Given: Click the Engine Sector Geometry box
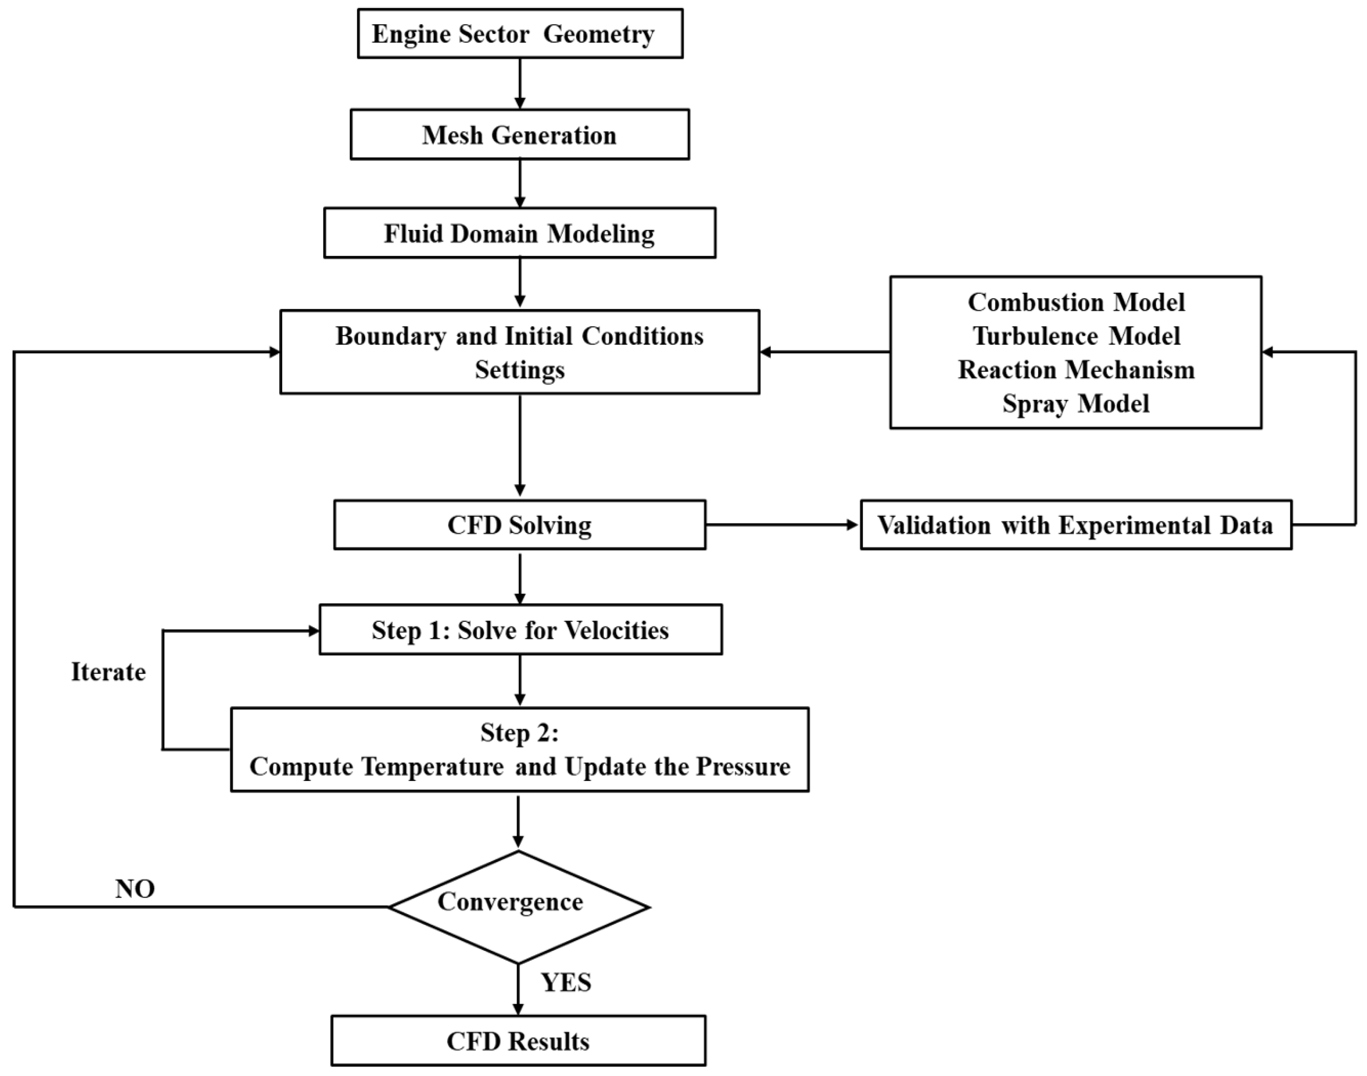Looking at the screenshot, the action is (520, 33).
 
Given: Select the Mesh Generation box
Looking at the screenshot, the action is (520, 134).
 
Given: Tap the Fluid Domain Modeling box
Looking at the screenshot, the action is (520, 233).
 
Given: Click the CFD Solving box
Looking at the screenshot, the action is (520, 525).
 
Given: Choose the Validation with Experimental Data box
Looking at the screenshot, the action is (1076, 525).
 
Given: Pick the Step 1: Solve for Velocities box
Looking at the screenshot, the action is (521, 629).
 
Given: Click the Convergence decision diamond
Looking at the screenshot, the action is (519, 907).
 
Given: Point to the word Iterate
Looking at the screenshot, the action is (108, 672).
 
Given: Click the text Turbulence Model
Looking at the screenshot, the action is (1076, 336).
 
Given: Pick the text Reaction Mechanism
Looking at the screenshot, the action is (1076, 370).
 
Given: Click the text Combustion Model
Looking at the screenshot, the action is (1076, 302).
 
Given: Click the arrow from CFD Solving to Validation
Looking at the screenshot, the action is (783, 525).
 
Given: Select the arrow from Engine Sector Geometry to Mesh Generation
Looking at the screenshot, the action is (520, 84).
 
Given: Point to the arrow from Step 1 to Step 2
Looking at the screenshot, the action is (520, 681).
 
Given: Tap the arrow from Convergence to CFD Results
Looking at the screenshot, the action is (518, 989).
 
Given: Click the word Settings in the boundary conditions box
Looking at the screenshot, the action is (520, 370).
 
